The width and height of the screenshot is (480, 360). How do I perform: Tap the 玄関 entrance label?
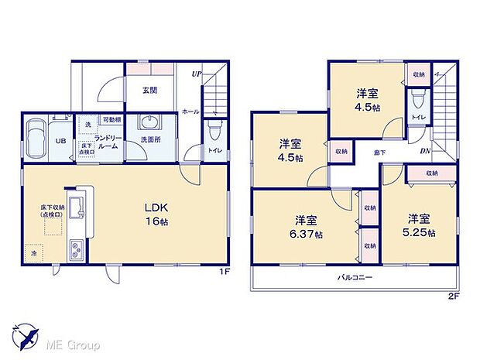pyautogui.click(x=150, y=90)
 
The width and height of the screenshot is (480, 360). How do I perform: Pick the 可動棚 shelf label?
pyautogui.click(x=111, y=120)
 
